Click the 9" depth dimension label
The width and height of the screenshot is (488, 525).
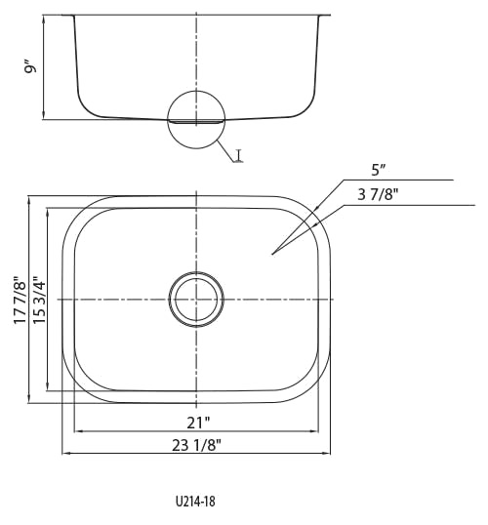pyautogui.click(x=30, y=67)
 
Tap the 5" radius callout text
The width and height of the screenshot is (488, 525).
pyautogui.click(x=378, y=171)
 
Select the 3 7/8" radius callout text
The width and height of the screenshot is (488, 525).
pyautogui.click(x=378, y=194)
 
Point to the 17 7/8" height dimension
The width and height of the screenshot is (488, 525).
pyautogui.click(x=20, y=300)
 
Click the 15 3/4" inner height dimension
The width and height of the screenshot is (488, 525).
pyautogui.click(x=39, y=300)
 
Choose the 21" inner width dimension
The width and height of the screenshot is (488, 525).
pyautogui.click(x=198, y=423)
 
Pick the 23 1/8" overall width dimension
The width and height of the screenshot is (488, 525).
pyautogui.click(x=196, y=445)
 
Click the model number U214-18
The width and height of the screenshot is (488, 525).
pyautogui.click(x=195, y=502)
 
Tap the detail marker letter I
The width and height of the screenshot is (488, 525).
pyautogui.click(x=238, y=156)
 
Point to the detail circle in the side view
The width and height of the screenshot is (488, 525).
pyautogui.click(x=168, y=119)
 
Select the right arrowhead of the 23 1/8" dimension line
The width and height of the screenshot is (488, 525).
pyautogui.click(x=327, y=454)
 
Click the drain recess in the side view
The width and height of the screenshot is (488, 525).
pyautogui.click(x=196, y=122)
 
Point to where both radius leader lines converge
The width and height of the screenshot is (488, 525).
pyautogui.click(x=272, y=254)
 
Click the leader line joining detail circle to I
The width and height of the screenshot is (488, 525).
pyautogui.click(x=226, y=151)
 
